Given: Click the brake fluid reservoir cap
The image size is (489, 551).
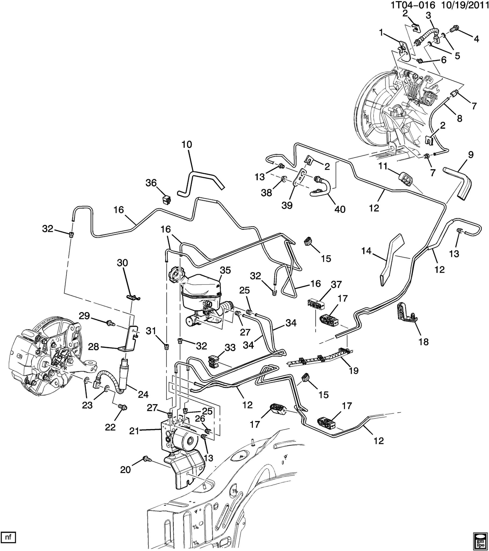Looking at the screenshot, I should [x=175, y=274].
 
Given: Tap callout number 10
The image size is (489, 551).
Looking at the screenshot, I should [x=187, y=145].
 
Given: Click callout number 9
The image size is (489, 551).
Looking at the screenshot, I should [x=471, y=155].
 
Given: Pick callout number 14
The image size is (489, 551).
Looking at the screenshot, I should [x=366, y=251].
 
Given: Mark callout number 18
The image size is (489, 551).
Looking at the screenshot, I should [x=424, y=342].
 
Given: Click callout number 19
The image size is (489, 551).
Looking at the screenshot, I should [x=354, y=371].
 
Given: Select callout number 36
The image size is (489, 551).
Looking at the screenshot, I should [x=151, y=183].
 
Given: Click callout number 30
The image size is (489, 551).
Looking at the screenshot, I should [x=123, y=263].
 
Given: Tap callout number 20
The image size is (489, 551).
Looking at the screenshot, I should [x=125, y=469].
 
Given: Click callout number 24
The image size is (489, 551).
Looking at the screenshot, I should [x=143, y=395].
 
